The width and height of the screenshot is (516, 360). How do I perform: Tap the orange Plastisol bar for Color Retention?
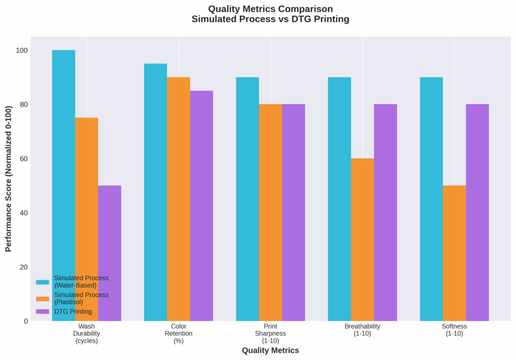178,199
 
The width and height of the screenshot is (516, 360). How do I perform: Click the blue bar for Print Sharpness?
247,199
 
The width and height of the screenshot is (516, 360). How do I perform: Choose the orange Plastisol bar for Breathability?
362,239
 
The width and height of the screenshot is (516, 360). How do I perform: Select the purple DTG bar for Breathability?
385,212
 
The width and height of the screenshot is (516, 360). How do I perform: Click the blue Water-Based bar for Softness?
431,199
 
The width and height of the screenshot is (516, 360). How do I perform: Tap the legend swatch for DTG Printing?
43,312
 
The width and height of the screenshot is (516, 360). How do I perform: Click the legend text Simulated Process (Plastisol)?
81,298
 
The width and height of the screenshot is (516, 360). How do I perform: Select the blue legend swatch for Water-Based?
43,281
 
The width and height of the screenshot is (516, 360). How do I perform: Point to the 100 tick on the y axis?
22,50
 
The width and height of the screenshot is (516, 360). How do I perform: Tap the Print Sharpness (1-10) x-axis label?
271,333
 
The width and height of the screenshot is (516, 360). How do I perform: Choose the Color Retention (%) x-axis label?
178,333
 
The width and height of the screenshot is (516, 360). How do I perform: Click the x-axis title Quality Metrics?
271,350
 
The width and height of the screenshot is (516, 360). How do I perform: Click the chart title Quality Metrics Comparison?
271,9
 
